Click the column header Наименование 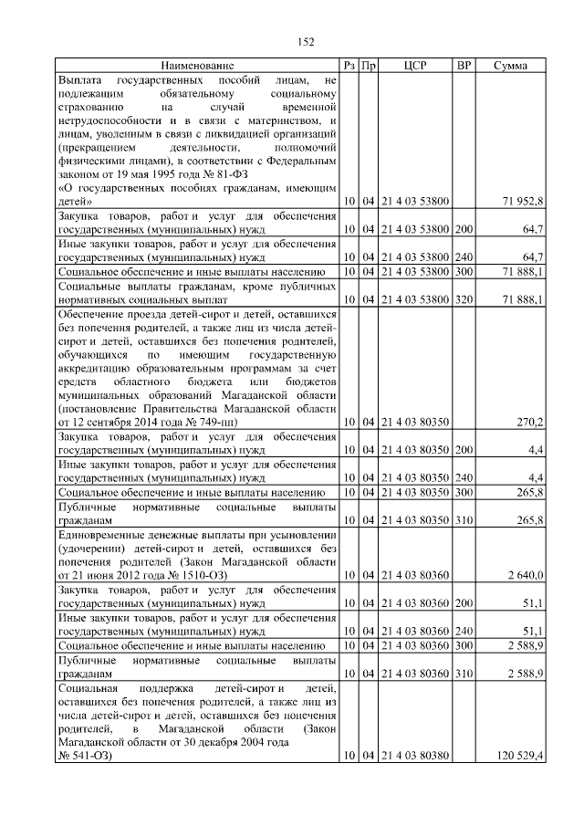click(198, 66)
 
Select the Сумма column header click(514, 66)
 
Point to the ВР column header click(464, 66)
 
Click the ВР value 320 click(464, 299)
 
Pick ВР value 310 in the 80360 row click(464, 674)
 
